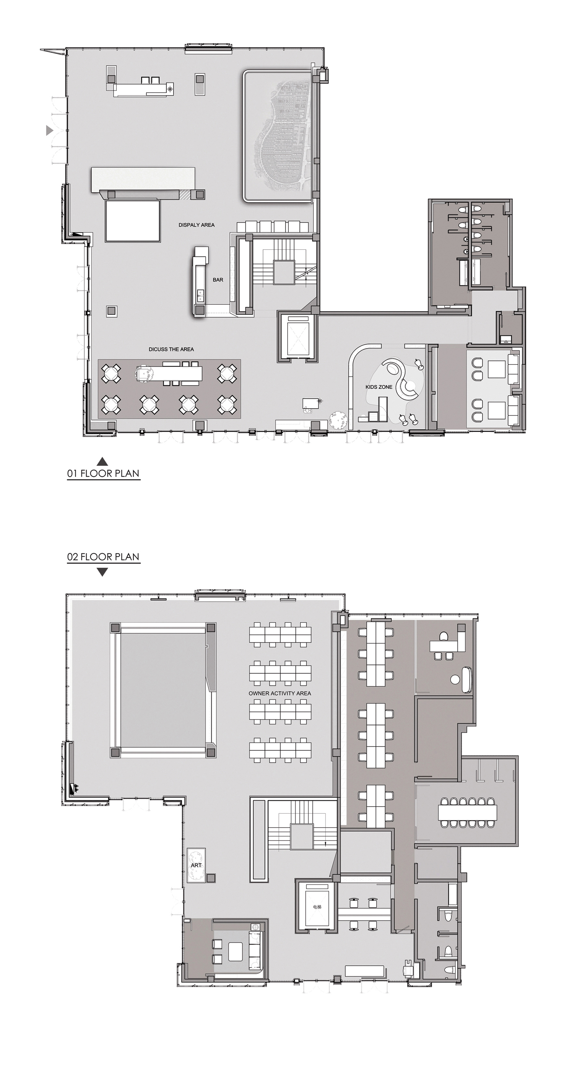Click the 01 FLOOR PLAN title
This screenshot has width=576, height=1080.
tap(103, 473)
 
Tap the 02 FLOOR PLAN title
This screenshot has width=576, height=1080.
tap(103, 557)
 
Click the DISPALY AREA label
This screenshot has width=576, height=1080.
tap(196, 225)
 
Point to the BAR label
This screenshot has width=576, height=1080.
tap(218, 280)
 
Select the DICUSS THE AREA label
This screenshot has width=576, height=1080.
tap(171, 349)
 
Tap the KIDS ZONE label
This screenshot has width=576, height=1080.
tap(379, 387)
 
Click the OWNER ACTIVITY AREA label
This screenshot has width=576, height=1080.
tap(280, 693)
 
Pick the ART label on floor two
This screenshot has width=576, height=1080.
tap(196, 865)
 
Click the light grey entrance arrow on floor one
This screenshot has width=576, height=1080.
tap(49, 130)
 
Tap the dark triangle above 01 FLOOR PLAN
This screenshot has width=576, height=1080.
tap(103, 461)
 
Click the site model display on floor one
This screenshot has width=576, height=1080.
tap(278, 136)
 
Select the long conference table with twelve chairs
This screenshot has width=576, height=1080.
tap(467, 813)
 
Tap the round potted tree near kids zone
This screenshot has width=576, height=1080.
tap(338, 420)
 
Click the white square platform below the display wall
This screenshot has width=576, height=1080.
tap(132, 221)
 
